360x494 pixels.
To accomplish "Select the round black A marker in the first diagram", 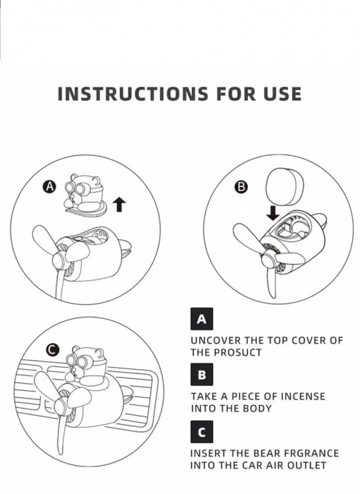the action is pyautogui.click(x=49, y=187).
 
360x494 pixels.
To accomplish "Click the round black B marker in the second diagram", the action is pyautogui.click(x=241, y=187).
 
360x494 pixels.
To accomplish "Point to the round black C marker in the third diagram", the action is pyautogui.click(x=53, y=350).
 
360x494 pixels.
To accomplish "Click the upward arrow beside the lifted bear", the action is pyautogui.click(x=119, y=205).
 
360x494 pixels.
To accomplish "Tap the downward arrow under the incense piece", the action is pyautogui.click(x=272, y=213).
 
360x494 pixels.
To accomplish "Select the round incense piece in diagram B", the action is pyautogui.click(x=283, y=187).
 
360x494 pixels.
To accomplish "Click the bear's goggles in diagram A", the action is pyautogui.click(x=76, y=188).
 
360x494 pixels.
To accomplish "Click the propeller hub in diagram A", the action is pyautogui.click(x=61, y=260).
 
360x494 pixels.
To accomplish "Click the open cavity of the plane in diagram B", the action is pyautogui.click(x=291, y=229).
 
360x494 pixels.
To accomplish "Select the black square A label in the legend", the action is pyautogui.click(x=202, y=319).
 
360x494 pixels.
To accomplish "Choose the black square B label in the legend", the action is pyautogui.click(x=202, y=375).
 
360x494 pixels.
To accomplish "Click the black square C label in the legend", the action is pyautogui.click(x=202, y=432).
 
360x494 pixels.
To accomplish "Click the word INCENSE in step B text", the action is pyautogui.click(x=303, y=396).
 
